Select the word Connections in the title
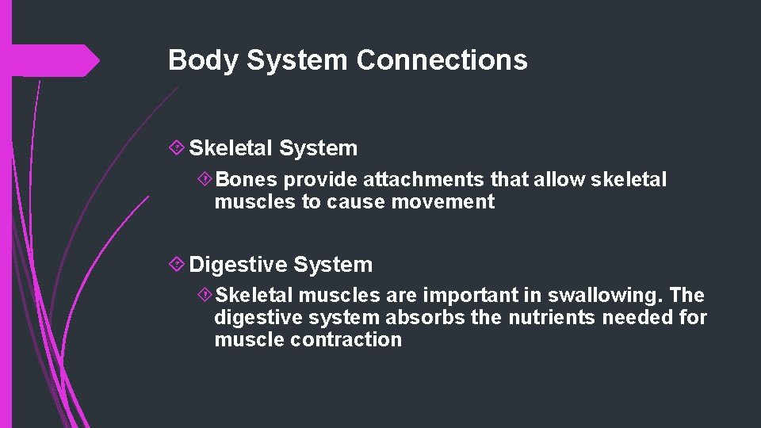442,60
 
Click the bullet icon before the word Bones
205,180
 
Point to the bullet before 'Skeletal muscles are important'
205,296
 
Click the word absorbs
419,318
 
